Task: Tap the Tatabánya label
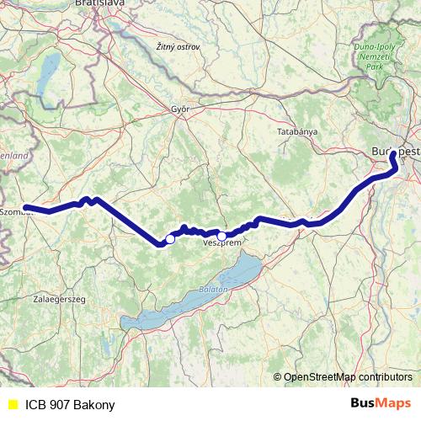(296, 132)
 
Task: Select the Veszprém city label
(222, 242)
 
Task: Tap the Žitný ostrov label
(178, 47)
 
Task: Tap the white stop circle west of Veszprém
(169, 239)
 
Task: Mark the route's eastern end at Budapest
(392, 154)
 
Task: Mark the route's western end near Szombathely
(26, 207)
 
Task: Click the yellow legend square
(12, 403)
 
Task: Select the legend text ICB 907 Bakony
(70, 404)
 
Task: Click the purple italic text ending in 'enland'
(14, 156)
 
